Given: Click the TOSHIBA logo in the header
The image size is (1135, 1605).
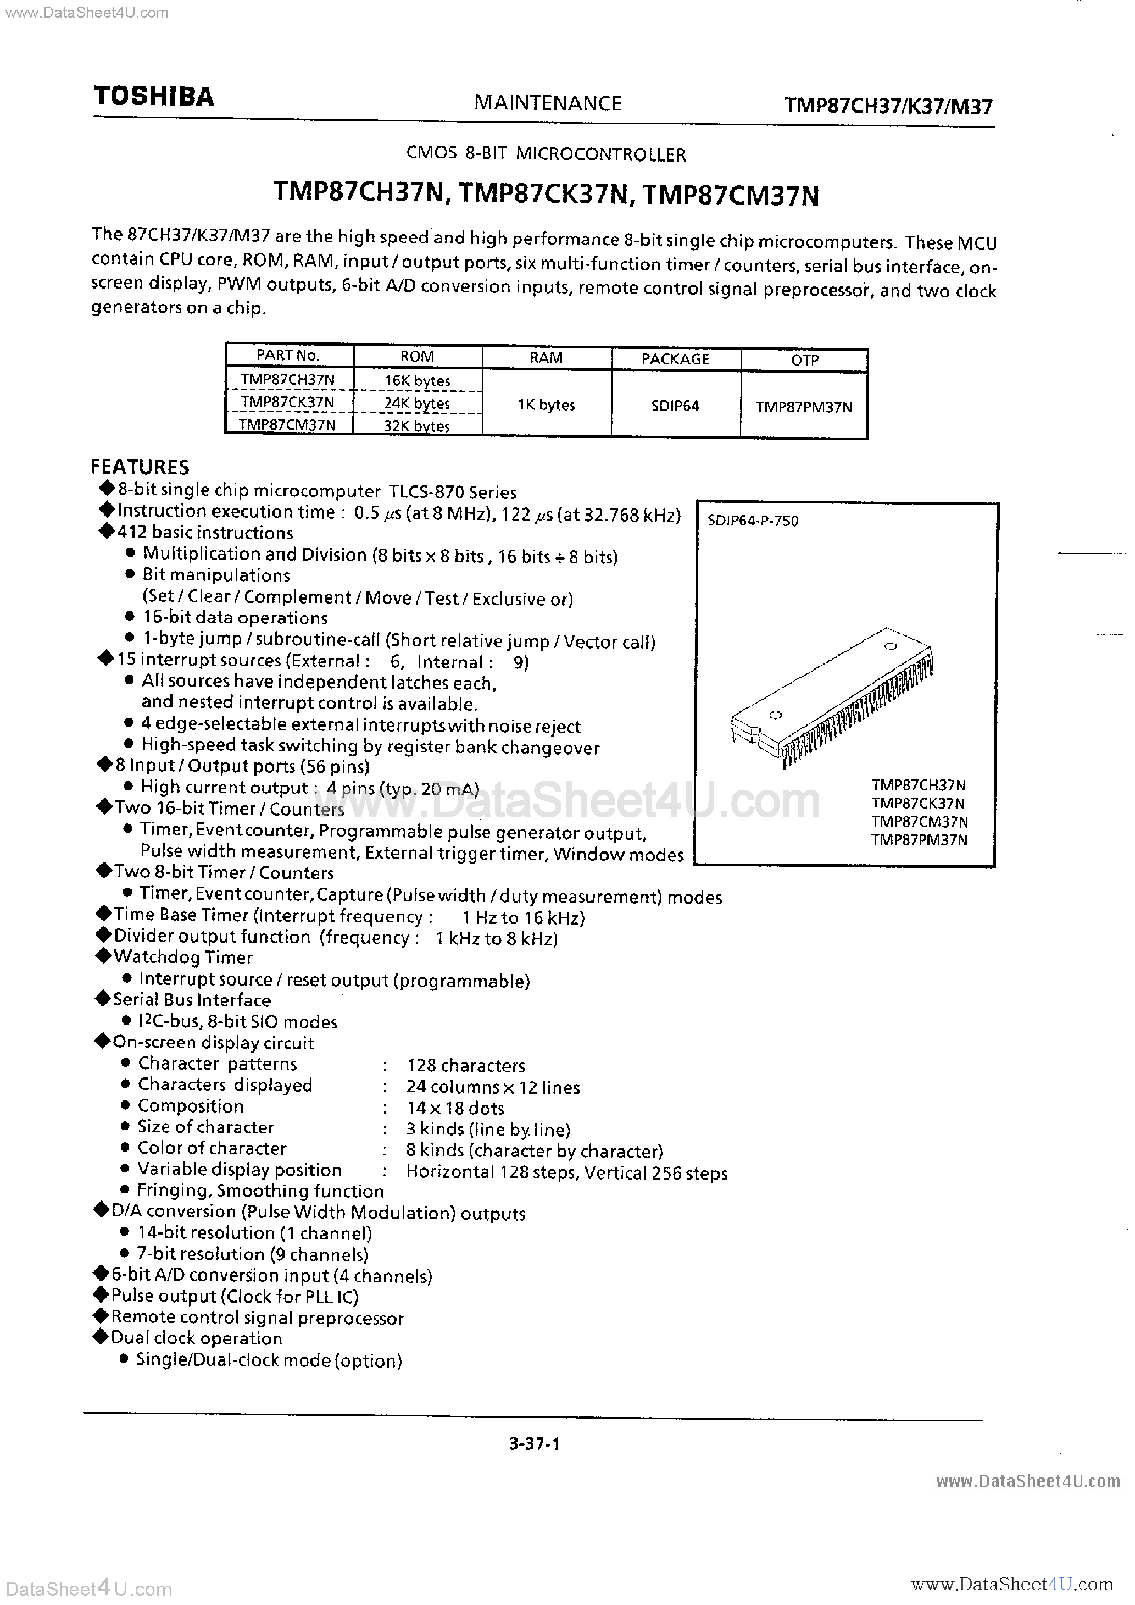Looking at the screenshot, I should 153,97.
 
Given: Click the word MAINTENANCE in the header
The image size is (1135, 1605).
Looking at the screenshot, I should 547,103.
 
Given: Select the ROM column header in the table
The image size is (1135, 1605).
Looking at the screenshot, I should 417,357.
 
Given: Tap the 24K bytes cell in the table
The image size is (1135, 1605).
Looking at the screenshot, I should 417,403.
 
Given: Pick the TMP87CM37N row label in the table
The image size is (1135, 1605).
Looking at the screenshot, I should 287,425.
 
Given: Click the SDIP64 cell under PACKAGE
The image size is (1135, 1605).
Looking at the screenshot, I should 675,406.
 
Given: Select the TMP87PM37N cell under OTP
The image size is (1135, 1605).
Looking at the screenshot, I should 804,407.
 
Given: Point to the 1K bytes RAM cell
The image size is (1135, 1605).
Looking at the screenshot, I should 546,405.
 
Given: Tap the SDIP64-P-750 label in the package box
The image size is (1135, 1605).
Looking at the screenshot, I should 753,521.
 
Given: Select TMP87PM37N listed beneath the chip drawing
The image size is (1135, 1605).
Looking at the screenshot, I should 919,839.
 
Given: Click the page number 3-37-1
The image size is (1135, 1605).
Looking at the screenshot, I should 535,1443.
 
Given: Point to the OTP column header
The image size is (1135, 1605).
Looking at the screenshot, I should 804,360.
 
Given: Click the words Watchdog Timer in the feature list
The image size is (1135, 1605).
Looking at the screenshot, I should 183,958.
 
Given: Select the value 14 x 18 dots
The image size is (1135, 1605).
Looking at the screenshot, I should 455,1108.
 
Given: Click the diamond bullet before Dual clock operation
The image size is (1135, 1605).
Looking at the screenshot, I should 101,1337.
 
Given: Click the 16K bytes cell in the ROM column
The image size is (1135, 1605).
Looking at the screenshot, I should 417,381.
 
